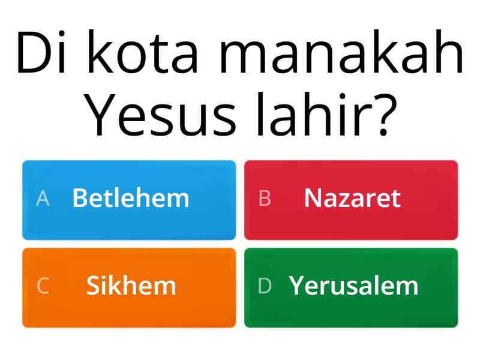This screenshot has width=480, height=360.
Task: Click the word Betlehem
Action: point(131,198)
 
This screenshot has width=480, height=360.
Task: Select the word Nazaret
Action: point(352,198)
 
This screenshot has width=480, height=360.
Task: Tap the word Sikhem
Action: point(131,286)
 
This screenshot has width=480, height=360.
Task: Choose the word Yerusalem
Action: point(353,286)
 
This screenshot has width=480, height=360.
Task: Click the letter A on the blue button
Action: point(43,199)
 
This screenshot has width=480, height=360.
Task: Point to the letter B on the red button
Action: point(265,199)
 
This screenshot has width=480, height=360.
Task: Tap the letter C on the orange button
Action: point(43,286)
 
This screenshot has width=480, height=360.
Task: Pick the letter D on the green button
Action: point(265,286)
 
